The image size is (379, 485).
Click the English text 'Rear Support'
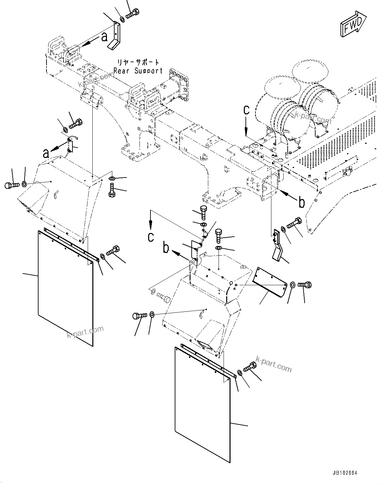click(x=138, y=71)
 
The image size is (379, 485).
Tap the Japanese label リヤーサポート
click(x=138, y=62)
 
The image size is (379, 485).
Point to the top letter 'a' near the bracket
click(x=105, y=37)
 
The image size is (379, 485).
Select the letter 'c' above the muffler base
click(x=246, y=110)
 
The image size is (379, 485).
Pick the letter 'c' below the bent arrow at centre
click(x=151, y=237)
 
